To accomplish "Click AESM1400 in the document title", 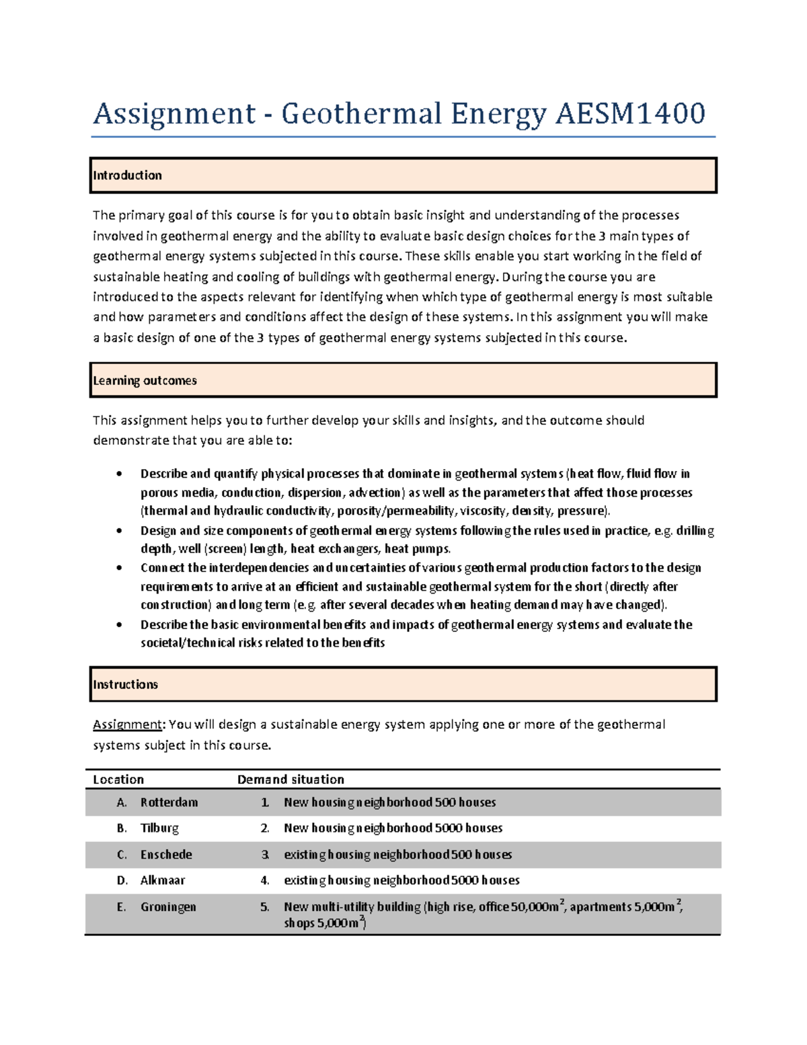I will coord(630,113).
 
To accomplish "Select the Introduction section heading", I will coord(127,176).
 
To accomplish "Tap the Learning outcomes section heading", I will coord(145,381).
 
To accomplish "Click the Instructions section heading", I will coord(125,685).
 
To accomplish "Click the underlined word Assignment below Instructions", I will coord(127,725).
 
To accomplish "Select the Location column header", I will coord(118,780).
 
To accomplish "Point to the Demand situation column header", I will coord(291,780).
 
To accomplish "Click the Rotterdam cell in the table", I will coord(169,803).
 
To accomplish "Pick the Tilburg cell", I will coord(159,828).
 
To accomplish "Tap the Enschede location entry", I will coord(166,855).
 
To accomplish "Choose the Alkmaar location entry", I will coord(163,881).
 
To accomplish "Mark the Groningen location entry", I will coord(168,907).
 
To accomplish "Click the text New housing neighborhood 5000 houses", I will coord(393,828).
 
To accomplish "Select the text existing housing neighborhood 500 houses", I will coord(397,855).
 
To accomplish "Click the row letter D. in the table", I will coord(122,881).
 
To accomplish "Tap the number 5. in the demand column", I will coord(265,907).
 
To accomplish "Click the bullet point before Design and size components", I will coord(119,531).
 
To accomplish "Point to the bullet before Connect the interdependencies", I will coord(119,568).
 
